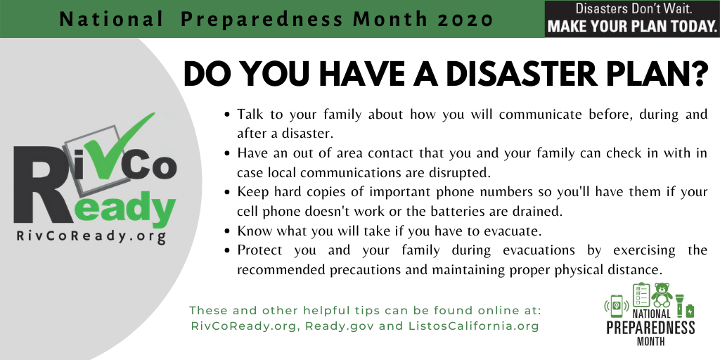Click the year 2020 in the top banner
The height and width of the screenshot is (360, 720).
[466, 20]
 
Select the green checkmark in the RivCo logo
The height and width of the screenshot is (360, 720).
[117, 138]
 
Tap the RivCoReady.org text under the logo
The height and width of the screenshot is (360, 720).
[91, 237]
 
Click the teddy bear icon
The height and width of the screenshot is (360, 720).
[662, 295]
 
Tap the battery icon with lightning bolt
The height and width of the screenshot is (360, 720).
[690, 311]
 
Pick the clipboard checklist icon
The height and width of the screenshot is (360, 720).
[641, 295]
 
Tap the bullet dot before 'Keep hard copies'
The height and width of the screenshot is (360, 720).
[226, 192]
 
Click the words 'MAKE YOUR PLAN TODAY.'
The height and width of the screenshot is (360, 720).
[632, 27]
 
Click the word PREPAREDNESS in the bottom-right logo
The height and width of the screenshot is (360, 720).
[650, 328]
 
